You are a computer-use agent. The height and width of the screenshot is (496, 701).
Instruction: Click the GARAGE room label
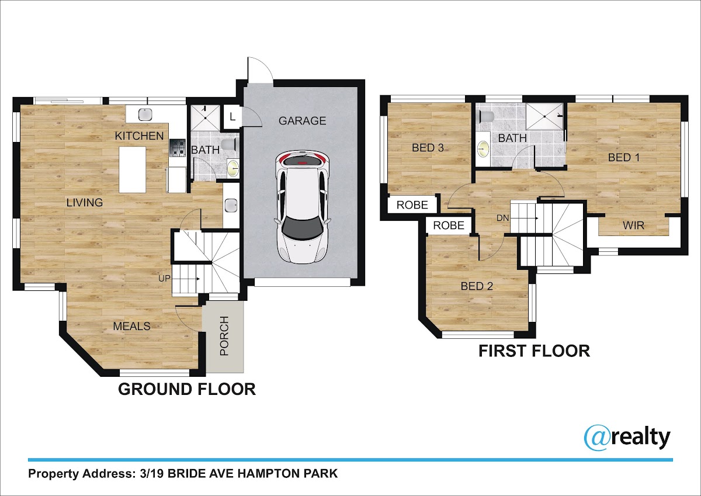coord(303,121)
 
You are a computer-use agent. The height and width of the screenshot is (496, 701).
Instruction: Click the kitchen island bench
coord(133,169)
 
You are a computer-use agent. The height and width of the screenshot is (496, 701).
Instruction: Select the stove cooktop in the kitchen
coord(178,148)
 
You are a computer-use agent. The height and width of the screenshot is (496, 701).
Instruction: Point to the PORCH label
coord(224,336)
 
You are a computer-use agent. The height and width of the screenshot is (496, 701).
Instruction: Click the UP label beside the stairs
coord(164,278)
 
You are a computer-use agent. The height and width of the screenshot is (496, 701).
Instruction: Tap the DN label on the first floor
coord(502,218)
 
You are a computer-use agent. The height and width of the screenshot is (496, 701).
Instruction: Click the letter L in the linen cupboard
coord(232,117)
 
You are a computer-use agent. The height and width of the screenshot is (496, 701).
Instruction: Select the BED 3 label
coord(428,148)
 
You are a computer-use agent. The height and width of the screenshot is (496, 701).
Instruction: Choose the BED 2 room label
coord(477,286)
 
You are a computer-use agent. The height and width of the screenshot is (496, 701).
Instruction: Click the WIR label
coord(633,226)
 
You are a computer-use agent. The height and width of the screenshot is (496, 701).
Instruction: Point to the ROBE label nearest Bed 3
coord(412,205)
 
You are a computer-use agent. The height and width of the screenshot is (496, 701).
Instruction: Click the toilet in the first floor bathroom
coord(486,117)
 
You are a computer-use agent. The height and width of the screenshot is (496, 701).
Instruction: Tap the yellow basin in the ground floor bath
coord(233,168)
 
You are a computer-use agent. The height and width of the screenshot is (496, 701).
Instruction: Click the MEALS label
coord(132,327)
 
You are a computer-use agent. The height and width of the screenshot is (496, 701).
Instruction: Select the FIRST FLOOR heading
coord(534,351)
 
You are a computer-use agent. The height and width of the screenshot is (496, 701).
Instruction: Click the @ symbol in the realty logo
coord(598,438)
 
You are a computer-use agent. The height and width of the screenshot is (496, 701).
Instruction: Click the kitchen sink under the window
coord(145,115)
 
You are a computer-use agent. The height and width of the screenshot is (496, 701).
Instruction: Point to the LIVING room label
coord(85,203)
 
